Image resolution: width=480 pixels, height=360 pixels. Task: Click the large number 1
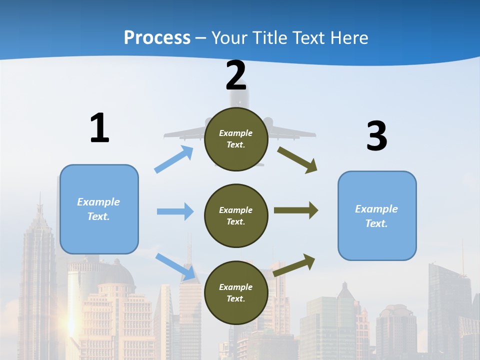point(99,128)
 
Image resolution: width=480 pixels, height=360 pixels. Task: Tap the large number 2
point(236,76)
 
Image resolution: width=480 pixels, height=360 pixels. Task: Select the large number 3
point(376,136)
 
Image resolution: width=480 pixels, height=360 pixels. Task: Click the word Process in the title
point(157,37)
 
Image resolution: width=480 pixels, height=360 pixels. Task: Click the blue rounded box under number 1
point(99,209)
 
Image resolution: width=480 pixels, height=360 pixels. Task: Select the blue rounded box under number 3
point(377,215)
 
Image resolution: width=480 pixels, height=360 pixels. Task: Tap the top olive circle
point(236,139)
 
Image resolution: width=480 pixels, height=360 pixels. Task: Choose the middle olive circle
point(236,215)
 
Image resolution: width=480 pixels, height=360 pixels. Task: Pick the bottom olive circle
point(236,292)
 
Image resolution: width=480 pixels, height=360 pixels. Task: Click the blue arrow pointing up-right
point(174,159)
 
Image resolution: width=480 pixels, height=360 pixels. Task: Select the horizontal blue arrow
point(175,211)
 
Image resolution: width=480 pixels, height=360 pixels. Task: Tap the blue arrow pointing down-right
point(175,266)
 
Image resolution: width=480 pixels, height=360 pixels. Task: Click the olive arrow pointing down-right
point(297,159)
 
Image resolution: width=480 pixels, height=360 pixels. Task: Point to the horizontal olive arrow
point(296,210)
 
